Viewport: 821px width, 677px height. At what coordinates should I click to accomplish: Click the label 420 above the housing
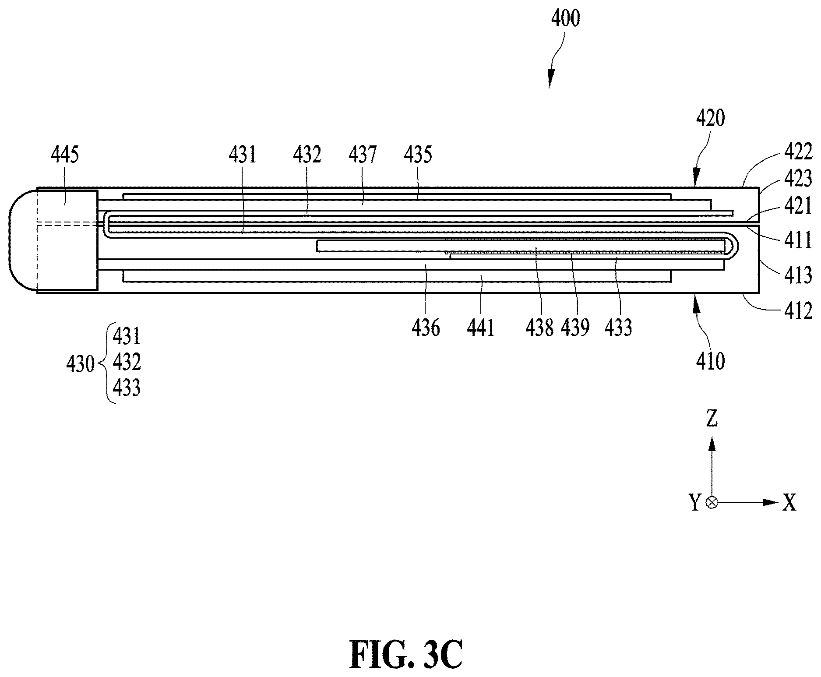click(710, 118)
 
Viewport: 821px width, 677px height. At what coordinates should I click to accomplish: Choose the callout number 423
click(798, 179)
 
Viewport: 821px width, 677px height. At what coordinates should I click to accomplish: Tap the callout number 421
click(798, 206)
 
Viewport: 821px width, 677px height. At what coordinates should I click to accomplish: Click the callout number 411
click(798, 240)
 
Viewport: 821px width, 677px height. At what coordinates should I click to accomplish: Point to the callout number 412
click(798, 311)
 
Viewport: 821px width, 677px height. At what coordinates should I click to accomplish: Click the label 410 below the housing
click(710, 362)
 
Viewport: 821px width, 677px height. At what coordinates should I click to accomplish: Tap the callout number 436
click(426, 328)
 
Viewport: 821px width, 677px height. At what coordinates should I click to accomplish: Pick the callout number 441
click(480, 328)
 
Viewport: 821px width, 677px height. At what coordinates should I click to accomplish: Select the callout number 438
click(540, 328)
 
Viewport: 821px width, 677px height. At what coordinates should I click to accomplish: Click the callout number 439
click(576, 328)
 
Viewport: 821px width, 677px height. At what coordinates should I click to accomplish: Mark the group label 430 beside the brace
click(80, 364)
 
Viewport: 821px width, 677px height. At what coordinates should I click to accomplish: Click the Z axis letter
click(712, 419)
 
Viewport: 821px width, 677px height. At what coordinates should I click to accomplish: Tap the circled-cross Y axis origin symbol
click(712, 502)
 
